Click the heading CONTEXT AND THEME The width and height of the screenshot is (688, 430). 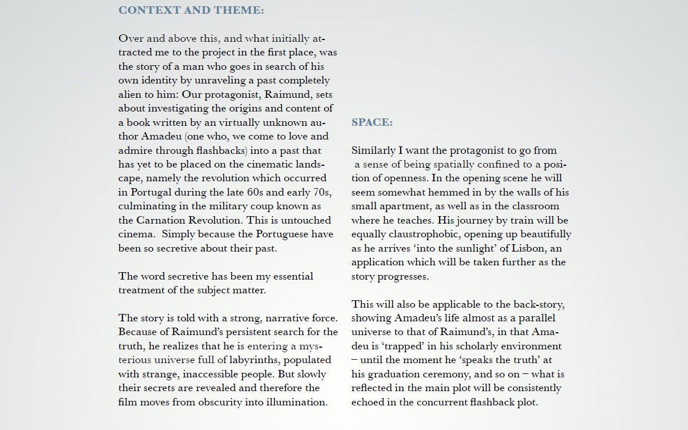pyautogui.click(x=191, y=10)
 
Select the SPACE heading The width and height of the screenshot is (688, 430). pyautogui.click(x=372, y=122)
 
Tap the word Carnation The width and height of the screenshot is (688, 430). pyautogui.click(x=161, y=220)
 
